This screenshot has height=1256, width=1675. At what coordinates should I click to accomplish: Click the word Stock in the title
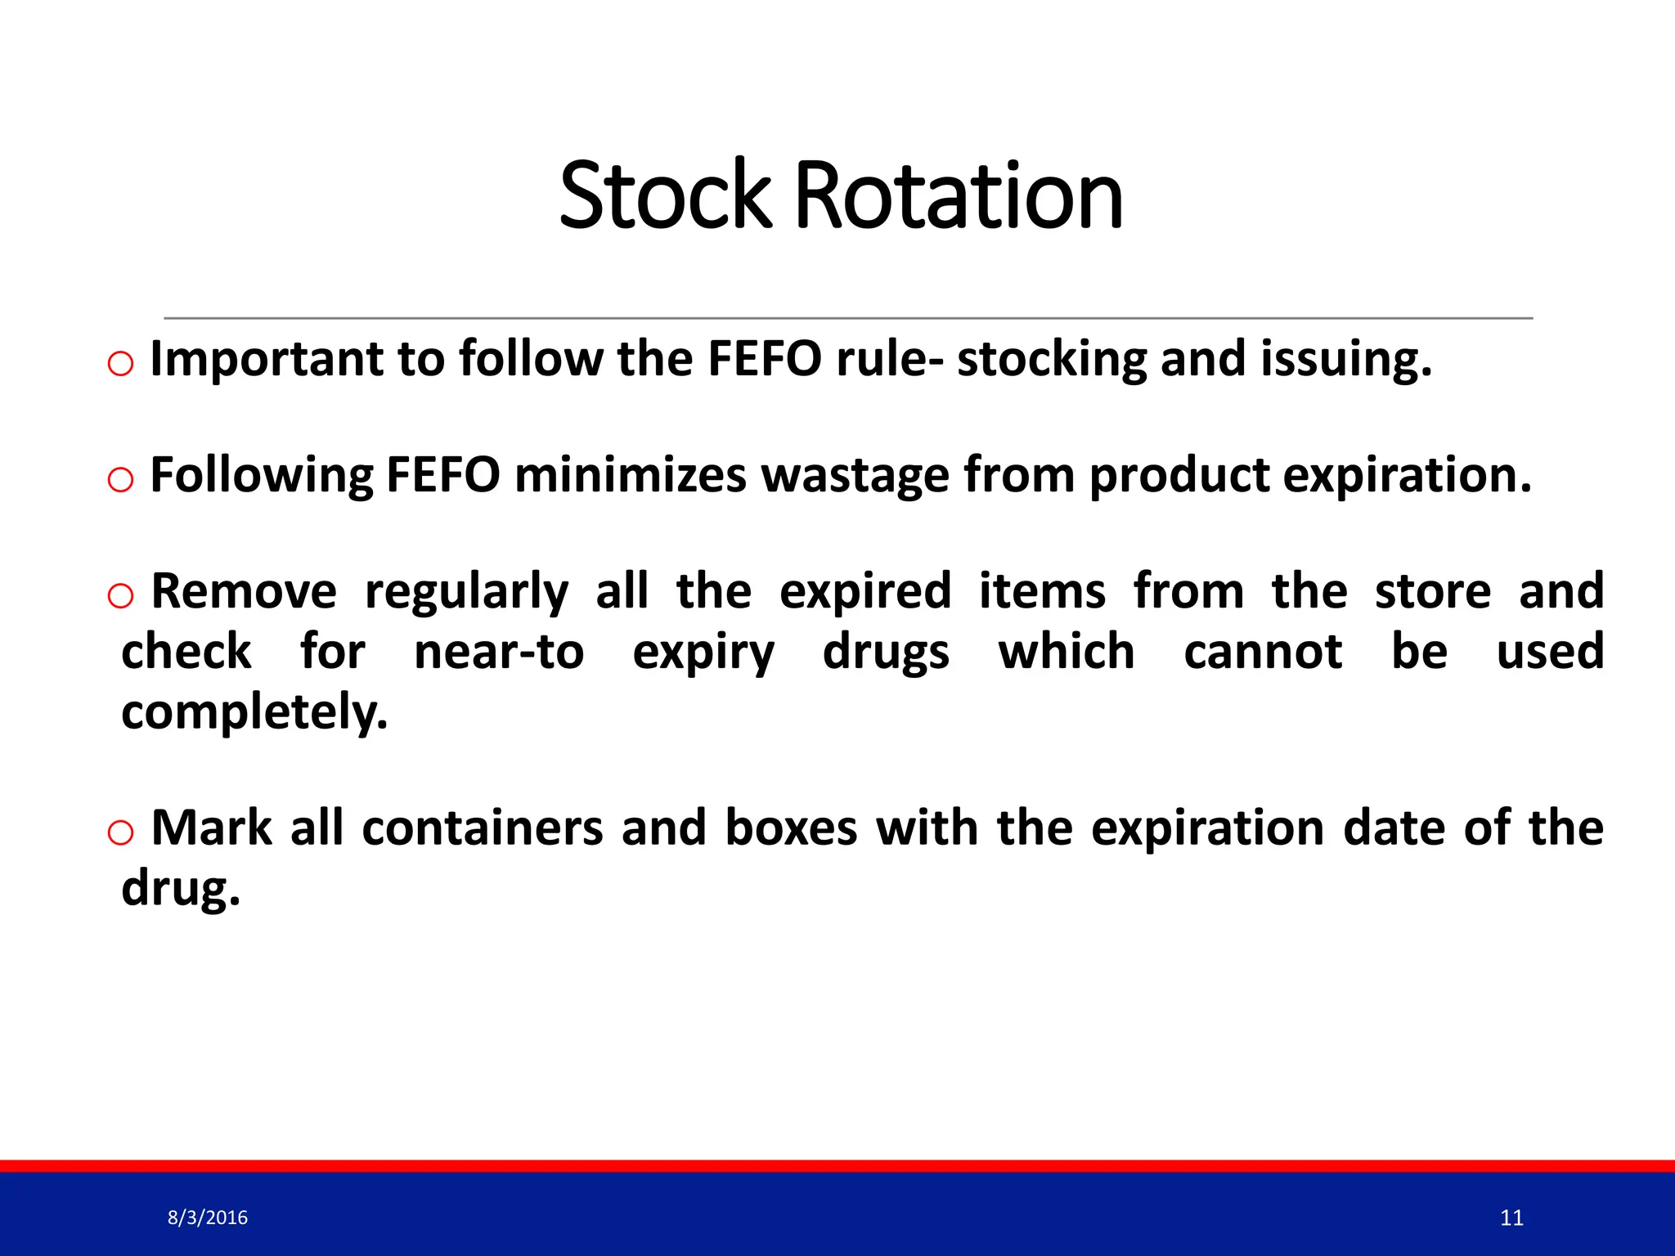[x=664, y=196]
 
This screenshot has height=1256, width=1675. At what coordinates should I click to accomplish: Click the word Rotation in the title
[x=959, y=196]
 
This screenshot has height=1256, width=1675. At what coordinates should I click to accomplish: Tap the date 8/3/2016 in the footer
[x=208, y=1218]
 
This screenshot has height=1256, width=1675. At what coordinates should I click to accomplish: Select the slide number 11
[x=1511, y=1218]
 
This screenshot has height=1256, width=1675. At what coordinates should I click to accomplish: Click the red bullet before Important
[x=120, y=363]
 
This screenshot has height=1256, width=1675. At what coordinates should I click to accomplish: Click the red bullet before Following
[x=120, y=479]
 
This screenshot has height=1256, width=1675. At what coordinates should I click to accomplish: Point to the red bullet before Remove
[x=120, y=595]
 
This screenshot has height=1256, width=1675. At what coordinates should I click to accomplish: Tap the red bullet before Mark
[x=120, y=832]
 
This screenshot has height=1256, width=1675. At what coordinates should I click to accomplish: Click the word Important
[x=267, y=360]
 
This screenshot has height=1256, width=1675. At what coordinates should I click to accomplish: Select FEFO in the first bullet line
[x=764, y=360]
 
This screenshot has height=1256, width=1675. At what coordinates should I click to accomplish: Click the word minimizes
[x=630, y=476]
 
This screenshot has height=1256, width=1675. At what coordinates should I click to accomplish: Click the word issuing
[x=1345, y=360]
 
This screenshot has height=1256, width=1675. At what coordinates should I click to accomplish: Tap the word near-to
[x=499, y=653]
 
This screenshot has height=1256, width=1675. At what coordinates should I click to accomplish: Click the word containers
[x=483, y=828]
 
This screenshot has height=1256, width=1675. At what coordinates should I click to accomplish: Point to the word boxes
[x=791, y=828]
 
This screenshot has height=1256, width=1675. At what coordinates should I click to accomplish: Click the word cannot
[x=1262, y=653]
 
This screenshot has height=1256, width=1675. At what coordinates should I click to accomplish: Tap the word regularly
[x=466, y=592]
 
